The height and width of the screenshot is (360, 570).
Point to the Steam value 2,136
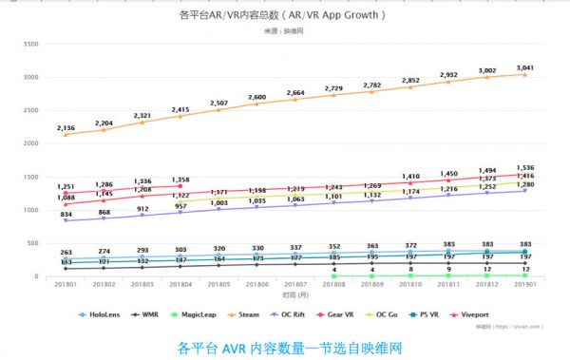65,128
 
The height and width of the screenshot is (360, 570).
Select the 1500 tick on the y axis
28,178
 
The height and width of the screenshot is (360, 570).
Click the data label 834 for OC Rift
65,216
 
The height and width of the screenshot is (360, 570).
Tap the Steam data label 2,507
218,104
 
